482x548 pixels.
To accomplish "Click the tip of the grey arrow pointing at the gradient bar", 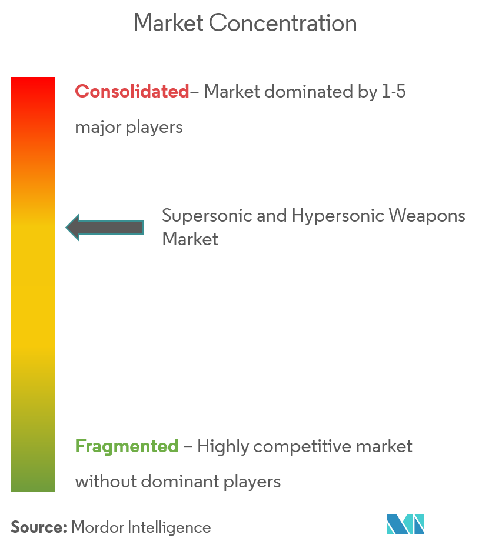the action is click(66, 228).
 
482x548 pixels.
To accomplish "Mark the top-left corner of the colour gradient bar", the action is click(11, 77).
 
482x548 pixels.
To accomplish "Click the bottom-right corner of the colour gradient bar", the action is click(55, 492).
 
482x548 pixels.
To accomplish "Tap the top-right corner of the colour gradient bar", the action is click(55, 77).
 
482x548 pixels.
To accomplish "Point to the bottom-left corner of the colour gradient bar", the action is click(11, 492).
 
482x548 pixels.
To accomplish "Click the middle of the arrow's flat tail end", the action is click(144, 228).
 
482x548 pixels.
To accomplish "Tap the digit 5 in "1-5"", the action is click(401, 92).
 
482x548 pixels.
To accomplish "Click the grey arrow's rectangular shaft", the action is click(111, 228).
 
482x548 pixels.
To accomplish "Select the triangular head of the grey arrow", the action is click(73, 228).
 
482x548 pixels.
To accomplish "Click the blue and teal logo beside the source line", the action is click(405, 524).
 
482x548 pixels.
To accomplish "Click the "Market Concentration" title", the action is click(245, 23).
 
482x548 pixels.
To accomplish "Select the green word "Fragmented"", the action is click(127, 446).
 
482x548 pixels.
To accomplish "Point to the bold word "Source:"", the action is click(38, 527).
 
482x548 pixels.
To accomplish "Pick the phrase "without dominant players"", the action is click(178, 482).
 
